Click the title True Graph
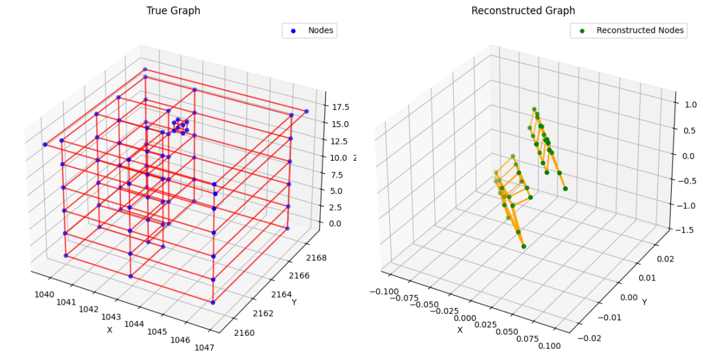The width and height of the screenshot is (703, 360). tap(173, 10)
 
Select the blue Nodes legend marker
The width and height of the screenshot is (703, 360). tap(292, 31)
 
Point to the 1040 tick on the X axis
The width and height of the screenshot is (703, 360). tap(44, 294)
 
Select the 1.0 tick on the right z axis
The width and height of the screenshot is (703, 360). tap(689, 104)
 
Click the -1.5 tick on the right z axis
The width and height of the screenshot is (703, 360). tap(685, 229)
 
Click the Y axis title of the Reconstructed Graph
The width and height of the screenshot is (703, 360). tap(642, 301)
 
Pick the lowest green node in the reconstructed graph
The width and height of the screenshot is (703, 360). tap(523, 246)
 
